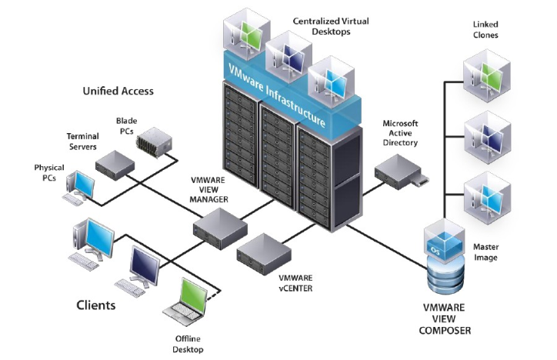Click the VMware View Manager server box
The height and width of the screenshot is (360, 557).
tap(220, 228)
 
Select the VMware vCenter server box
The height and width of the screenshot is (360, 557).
tap(264, 254)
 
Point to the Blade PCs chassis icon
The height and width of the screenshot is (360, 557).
tap(154, 142)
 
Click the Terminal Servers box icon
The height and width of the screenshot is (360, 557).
tap(115, 165)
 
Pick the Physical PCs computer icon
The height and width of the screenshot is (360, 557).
tap(80, 188)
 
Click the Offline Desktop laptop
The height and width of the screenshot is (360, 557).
tap(185, 302)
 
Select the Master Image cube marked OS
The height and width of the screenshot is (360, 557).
tap(445, 241)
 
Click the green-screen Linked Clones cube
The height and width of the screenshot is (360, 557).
tap(487, 75)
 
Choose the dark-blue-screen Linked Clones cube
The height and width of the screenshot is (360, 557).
tap(488, 137)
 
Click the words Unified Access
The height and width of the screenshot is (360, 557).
tap(118, 92)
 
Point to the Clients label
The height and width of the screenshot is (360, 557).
tap(96, 305)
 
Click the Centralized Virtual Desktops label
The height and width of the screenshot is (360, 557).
tap(331, 26)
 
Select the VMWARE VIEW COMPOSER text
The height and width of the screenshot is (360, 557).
tap(445, 318)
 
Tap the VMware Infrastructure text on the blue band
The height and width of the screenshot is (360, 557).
tap(276, 95)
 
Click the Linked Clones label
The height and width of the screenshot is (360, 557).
tap(485, 30)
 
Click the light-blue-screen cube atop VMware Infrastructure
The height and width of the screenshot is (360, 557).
tap(331, 82)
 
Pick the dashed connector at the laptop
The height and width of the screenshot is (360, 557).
tap(214, 295)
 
